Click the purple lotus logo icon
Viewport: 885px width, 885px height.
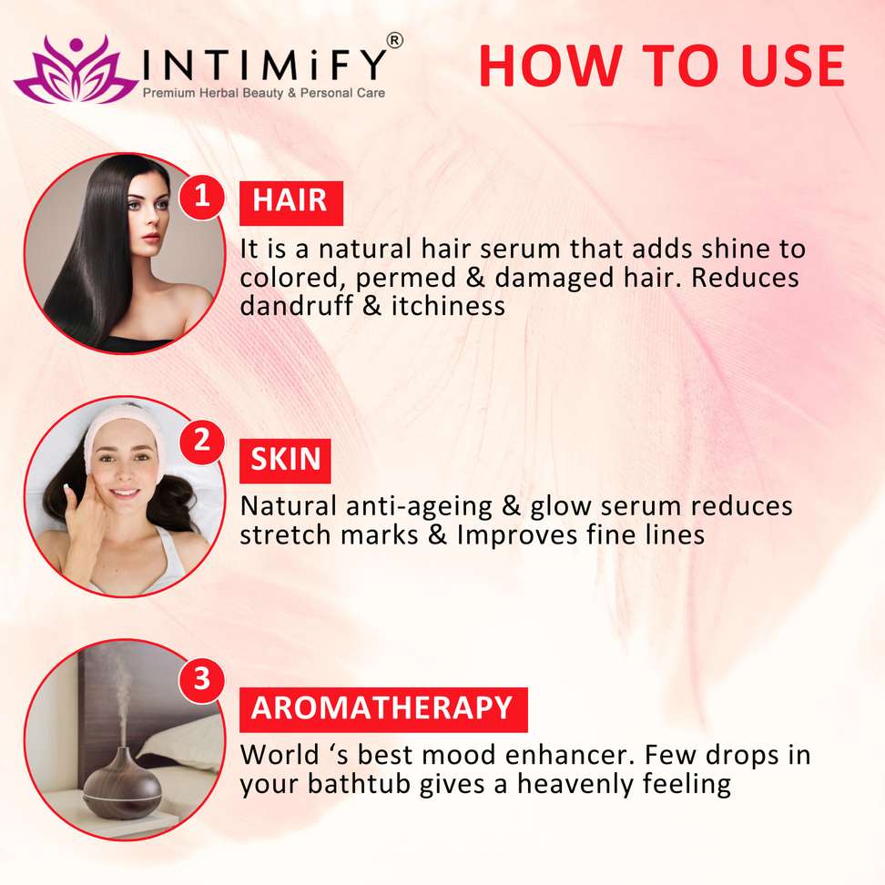(76, 70)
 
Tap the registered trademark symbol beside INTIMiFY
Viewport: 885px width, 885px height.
(394, 41)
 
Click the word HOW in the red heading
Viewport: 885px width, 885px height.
(551, 66)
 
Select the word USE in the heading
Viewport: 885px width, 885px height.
(793, 66)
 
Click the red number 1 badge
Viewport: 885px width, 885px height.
(202, 197)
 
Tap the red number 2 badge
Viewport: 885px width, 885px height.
(202, 442)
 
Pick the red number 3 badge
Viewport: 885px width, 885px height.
(202, 679)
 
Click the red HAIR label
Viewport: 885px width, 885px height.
(291, 203)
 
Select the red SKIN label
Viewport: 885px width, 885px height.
(285, 461)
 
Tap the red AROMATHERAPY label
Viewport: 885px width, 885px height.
(383, 709)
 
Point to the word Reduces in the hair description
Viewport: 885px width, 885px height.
(745, 278)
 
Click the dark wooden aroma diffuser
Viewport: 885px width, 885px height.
(122, 782)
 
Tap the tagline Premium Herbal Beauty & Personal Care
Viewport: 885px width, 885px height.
(263, 93)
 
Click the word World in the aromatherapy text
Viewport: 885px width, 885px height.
(280, 755)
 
